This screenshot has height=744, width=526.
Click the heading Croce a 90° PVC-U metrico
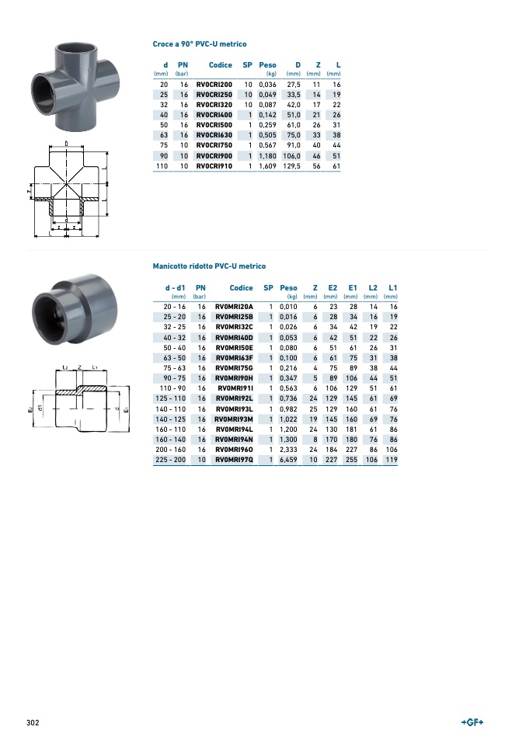click(x=200, y=44)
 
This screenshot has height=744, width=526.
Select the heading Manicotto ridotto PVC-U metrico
click(x=209, y=266)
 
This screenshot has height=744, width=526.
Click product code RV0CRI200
click(x=214, y=85)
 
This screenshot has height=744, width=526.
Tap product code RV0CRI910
click(x=214, y=166)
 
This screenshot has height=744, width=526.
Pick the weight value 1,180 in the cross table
click(x=267, y=155)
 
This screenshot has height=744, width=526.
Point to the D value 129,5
click(x=291, y=166)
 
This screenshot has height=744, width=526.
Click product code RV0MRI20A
click(x=234, y=307)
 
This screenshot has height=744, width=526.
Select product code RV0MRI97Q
click(x=234, y=459)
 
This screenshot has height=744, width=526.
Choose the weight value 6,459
click(x=288, y=459)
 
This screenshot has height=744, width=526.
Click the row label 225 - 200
click(x=170, y=459)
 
